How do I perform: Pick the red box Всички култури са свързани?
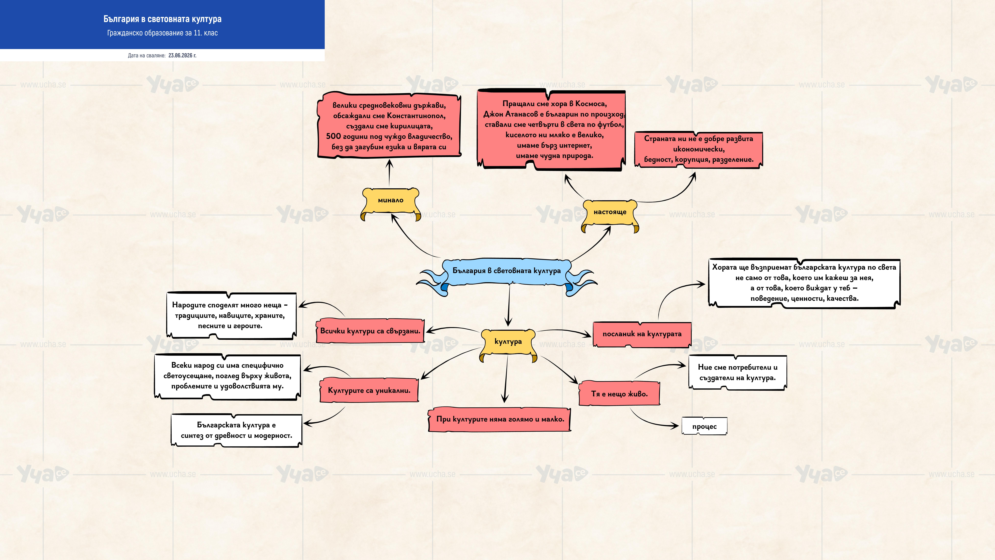point(370,331)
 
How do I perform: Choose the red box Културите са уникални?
point(369,390)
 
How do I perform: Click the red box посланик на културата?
point(642,334)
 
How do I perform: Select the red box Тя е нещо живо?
point(619,394)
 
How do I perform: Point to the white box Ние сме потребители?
point(737,373)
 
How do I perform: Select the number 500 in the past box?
point(333,136)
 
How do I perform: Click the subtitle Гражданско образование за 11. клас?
point(162,33)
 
